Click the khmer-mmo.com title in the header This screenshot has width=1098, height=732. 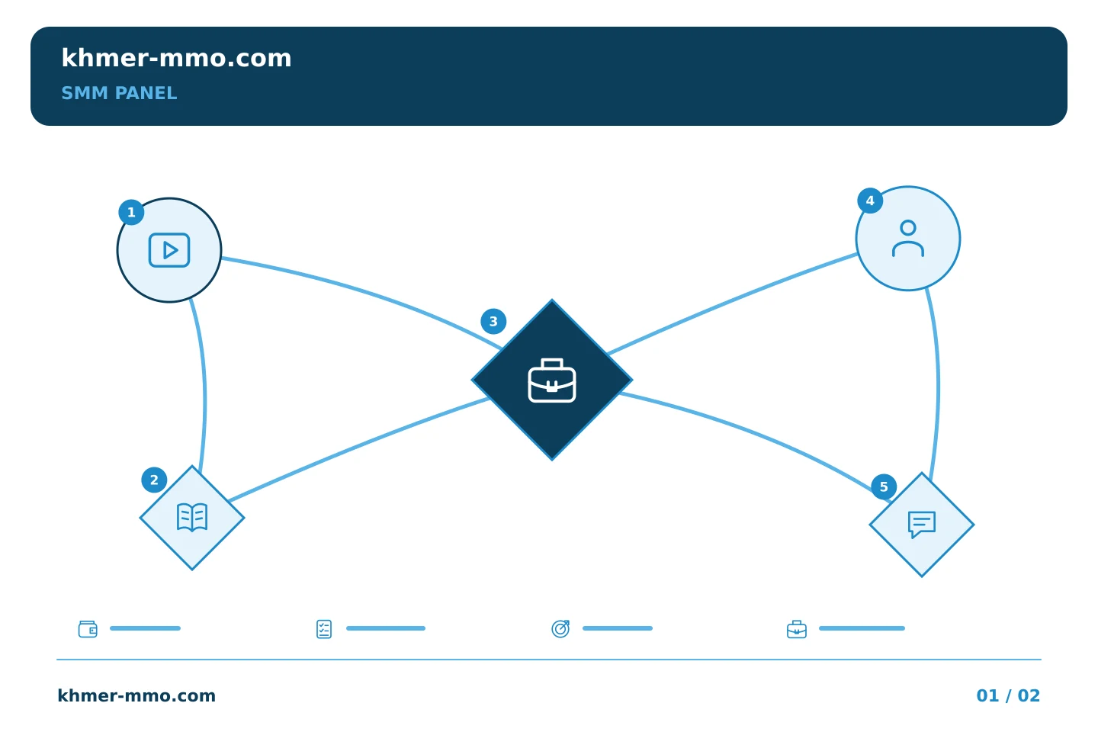(176, 58)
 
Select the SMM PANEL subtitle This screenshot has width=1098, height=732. (119, 93)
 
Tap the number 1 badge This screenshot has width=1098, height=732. (131, 212)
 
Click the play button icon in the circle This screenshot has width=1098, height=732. (169, 250)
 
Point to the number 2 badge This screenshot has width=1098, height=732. (154, 480)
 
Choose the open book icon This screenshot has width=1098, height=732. (192, 517)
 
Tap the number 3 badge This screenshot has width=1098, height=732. (493, 322)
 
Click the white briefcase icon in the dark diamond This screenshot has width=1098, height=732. (552, 380)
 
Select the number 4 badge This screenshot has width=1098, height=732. (870, 201)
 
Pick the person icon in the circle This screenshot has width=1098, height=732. (908, 239)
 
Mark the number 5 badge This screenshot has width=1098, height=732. (884, 486)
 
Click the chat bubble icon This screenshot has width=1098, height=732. (922, 525)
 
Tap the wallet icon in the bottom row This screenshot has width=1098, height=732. (88, 629)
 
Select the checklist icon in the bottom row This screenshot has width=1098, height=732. (324, 629)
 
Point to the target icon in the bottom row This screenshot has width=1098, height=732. (560, 628)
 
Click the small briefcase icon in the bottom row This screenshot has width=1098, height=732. (797, 630)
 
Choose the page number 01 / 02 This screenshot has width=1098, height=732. (1008, 695)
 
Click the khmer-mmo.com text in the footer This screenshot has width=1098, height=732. (136, 695)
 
